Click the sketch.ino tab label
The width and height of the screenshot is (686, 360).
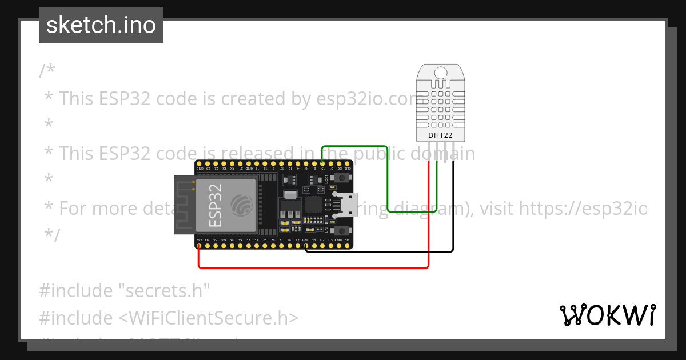point(101,25)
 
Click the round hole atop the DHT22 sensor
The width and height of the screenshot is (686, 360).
point(441,73)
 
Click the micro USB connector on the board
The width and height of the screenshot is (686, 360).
point(346,205)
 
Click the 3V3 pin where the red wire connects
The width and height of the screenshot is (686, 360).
point(198,247)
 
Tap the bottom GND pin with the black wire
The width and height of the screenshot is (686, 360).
point(306,247)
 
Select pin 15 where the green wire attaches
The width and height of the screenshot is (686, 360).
point(322,163)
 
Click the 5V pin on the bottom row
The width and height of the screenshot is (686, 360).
point(347,247)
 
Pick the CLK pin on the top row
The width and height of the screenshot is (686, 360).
point(347,163)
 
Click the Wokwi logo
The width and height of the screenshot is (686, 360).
point(607,315)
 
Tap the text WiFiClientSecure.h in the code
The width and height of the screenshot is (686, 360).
point(210,318)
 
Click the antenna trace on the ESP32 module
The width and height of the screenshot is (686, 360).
point(185,205)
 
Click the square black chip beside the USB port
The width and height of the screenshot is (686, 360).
point(313,205)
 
